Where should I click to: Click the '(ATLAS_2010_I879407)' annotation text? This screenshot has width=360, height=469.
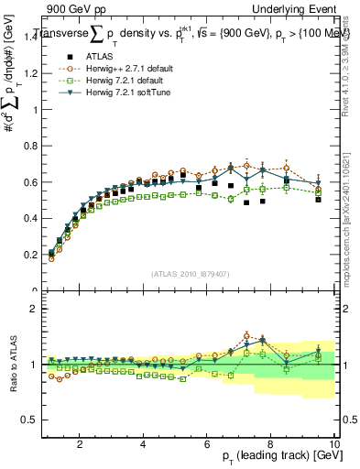click(189, 272)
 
